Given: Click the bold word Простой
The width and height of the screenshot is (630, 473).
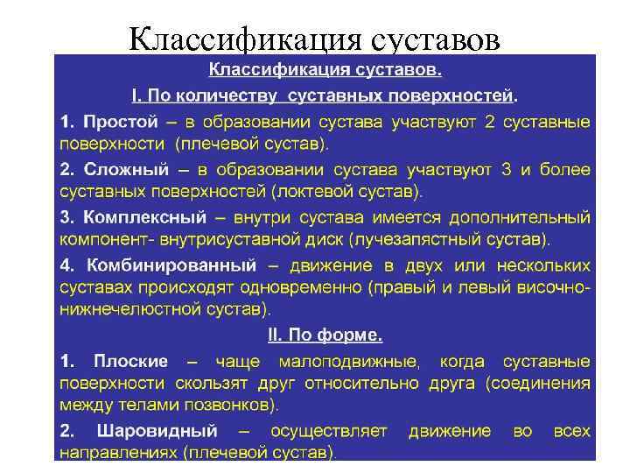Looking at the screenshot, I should coord(122,120).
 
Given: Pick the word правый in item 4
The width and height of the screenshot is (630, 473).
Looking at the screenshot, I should coord(409,286).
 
